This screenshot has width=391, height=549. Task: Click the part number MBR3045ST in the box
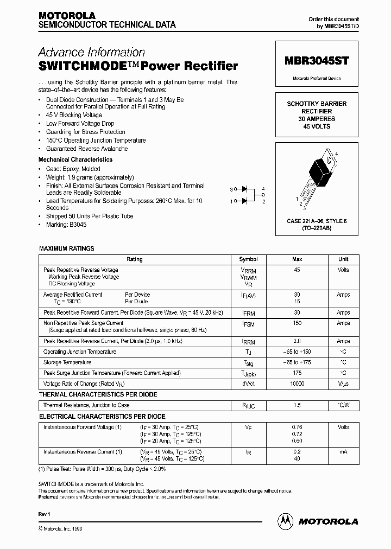tap(317, 62)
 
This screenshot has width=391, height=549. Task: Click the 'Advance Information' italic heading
tap(91, 52)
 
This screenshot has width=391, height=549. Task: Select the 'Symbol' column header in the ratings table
tap(248, 259)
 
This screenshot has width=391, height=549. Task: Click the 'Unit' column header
tap(343, 259)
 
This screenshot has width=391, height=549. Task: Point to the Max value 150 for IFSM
tap(297, 323)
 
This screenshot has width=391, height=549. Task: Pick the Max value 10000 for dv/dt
tap(297, 384)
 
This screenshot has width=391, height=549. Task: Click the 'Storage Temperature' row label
tap(67, 362)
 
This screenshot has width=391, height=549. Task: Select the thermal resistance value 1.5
tap(297, 405)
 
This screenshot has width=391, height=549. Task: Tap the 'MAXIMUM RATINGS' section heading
tap(66, 248)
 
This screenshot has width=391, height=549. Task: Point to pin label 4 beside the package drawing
tap(337, 154)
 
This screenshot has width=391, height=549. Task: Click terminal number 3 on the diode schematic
tap(231, 189)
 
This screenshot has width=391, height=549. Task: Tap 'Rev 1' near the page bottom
tap(45, 513)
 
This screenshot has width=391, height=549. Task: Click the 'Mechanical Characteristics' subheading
tap(75, 159)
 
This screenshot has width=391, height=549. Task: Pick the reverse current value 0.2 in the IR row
tap(297, 451)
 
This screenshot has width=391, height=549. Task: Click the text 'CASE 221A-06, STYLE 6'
tap(316, 221)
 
